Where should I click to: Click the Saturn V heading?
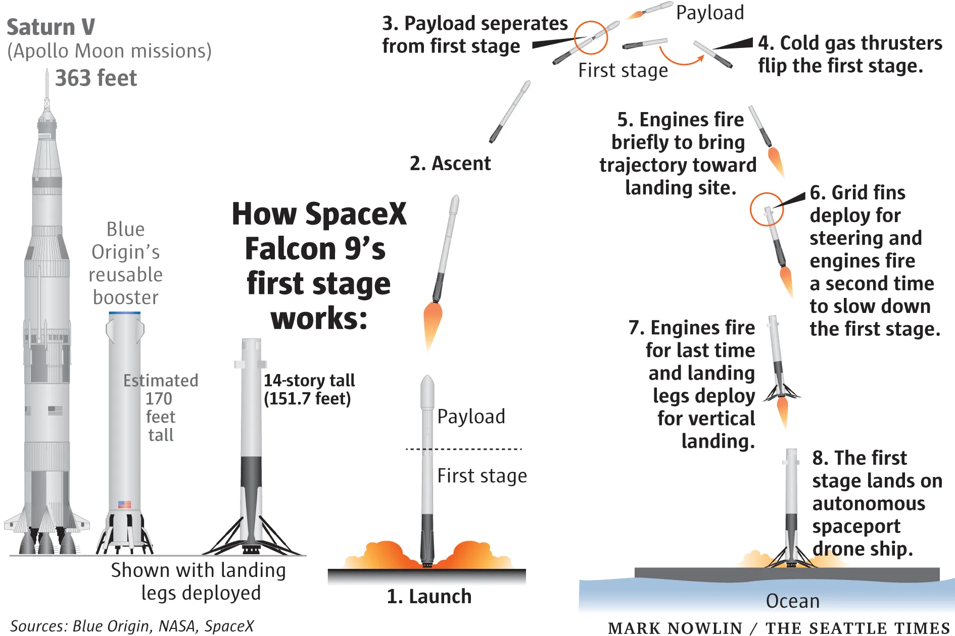pyautogui.click(x=51, y=27)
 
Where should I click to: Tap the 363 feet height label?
pyautogui.click(x=96, y=78)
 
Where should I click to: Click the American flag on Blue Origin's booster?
pyautogui.click(x=124, y=504)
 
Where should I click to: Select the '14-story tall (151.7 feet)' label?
pyautogui.click(x=309, y=389)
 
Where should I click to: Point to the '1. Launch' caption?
pyautogui.click(x=429, y=597)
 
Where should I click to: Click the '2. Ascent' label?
pyautogui.click(x=450, y=164)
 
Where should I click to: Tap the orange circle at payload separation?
pyautogui.click(x=591, y=37)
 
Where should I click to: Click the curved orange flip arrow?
pyautogui.click(x=681, y=58)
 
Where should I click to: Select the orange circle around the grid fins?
pyautogui.click(x=767, y=209)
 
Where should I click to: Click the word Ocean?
pyautogui.click(x=792, y=601)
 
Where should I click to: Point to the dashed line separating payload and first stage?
pyautogui.click(x=463, y=449)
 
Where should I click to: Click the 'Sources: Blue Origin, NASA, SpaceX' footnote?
pyautogui.click(x=132, y=626)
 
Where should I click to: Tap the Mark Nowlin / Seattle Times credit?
pyautogui.click(x=779, y=627)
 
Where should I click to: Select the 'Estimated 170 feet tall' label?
pyautogui.click(x=161, y=407)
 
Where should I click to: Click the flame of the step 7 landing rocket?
pyautogui.click(x=783, y=411)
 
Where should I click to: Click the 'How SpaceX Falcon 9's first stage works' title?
pyautogui.click(x=318, y=266)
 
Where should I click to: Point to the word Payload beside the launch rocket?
pyautogui.click(x=471, y=416)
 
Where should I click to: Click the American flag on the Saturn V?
pyautogui.click(x=55, y=410)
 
